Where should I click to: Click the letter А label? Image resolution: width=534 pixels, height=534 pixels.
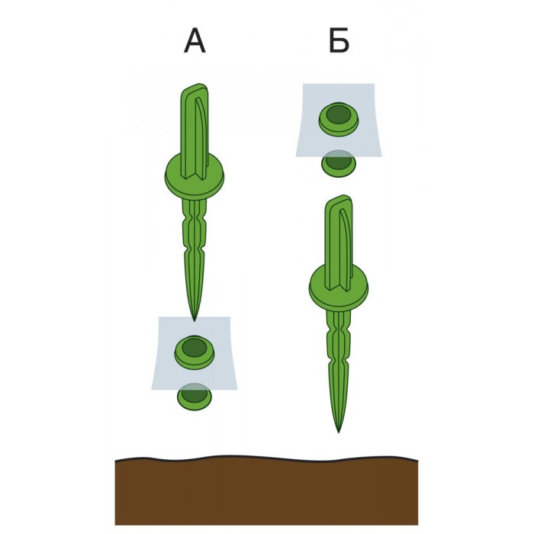[195, 41]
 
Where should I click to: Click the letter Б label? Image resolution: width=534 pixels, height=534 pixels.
[339, 41]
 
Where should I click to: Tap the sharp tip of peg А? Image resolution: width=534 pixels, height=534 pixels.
[194, 320]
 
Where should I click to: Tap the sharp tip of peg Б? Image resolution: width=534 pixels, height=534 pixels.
[339, 433]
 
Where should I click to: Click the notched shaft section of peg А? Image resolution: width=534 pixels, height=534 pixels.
[195, 232]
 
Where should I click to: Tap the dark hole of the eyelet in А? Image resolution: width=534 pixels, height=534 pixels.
[194, 347]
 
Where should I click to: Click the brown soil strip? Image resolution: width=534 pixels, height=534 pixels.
[266, 494]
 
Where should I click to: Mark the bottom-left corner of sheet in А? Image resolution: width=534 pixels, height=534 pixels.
[152, 390]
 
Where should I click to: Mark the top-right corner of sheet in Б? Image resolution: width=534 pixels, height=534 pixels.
[375, 84]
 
